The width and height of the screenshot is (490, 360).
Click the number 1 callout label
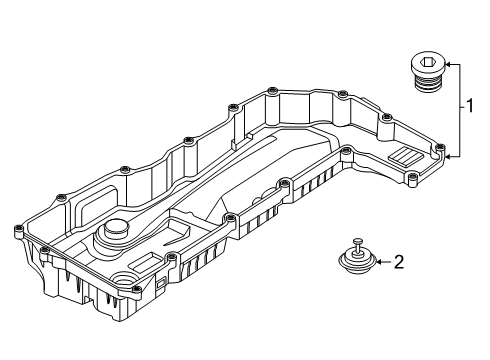[x=467, y=104]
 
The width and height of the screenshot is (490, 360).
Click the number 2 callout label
[x=398, y=263]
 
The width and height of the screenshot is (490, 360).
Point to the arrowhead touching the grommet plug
[x=378, y=263]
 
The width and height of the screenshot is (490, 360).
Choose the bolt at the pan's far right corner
[x=441, y=149]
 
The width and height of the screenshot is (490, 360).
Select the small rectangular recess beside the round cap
[x=142, y=262]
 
